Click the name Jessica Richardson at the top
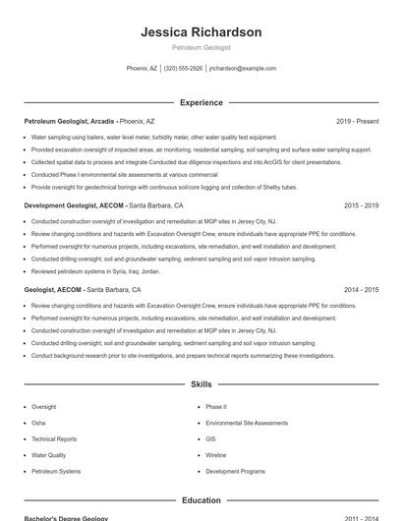[201, 32]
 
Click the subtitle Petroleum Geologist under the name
[201, 47]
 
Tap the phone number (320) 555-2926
[184, 69]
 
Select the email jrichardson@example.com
[243, 69]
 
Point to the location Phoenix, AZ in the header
[142, 69]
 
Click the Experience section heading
[201, 102]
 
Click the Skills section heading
[201, 384]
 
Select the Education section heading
[201, 500]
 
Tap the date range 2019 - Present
[357, 121]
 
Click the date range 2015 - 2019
[362, 206]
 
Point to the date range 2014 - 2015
[362, 290]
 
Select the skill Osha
[38, 423]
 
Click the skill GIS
[211, 439]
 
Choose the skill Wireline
[215, 455]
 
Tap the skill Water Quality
[49, 455]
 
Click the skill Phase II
[215, 406]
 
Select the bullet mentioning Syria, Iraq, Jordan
[95, 270]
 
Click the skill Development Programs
[235, 472]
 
